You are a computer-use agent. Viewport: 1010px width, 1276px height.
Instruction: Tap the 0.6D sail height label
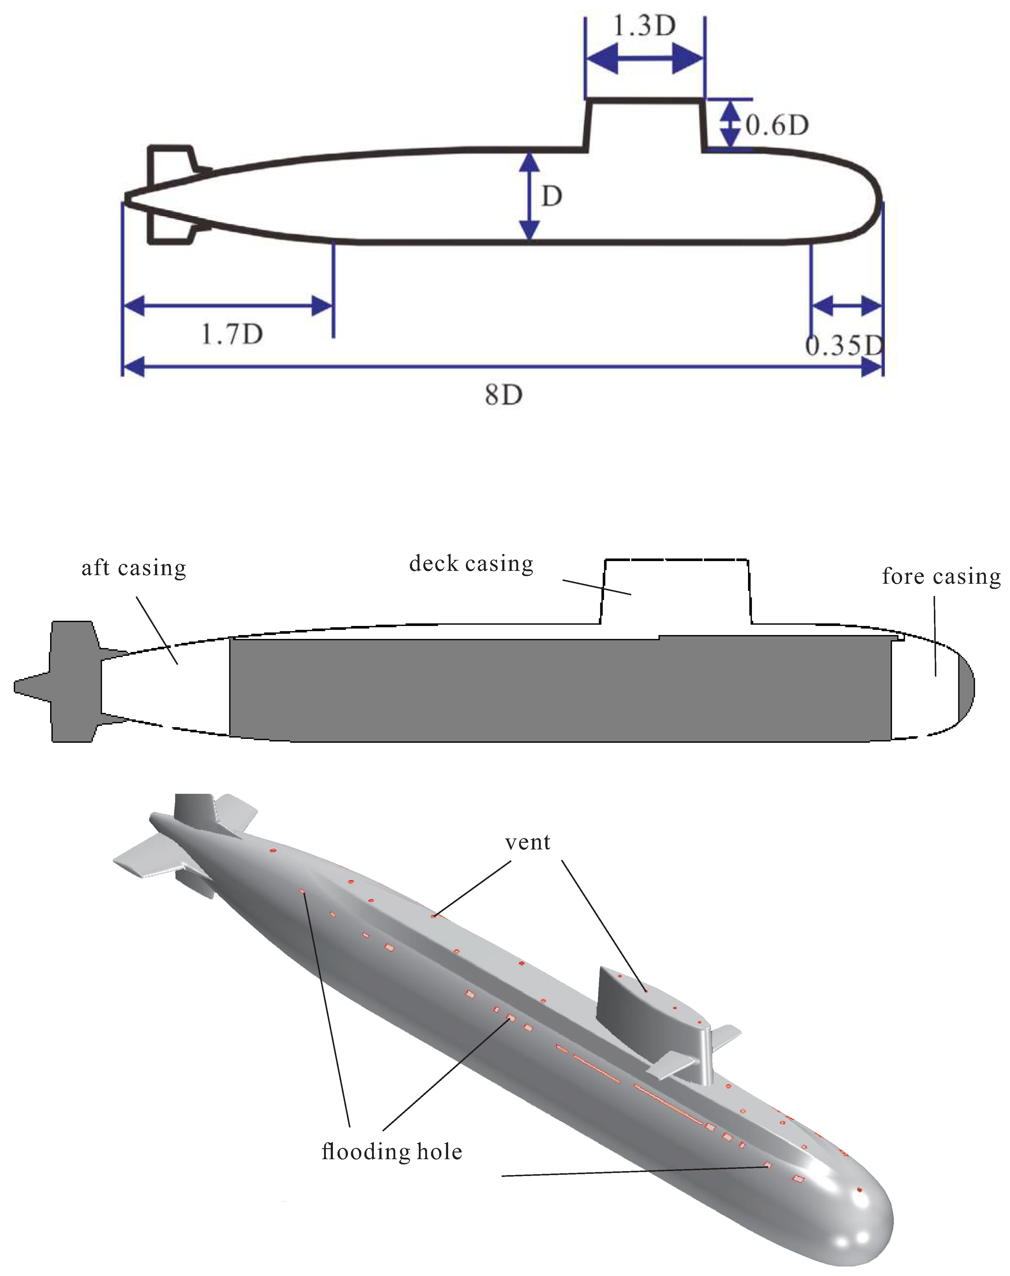pyautogui.click(x=776, y=125)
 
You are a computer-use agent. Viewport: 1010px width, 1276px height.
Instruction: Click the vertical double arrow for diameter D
pyautogui.click(x=529, y=196)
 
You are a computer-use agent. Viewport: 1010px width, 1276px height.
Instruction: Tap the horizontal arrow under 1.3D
pyautogui.click(x=645, y=59)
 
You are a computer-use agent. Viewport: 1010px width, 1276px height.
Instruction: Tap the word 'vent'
pyautogui.click(x=528, y=842)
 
